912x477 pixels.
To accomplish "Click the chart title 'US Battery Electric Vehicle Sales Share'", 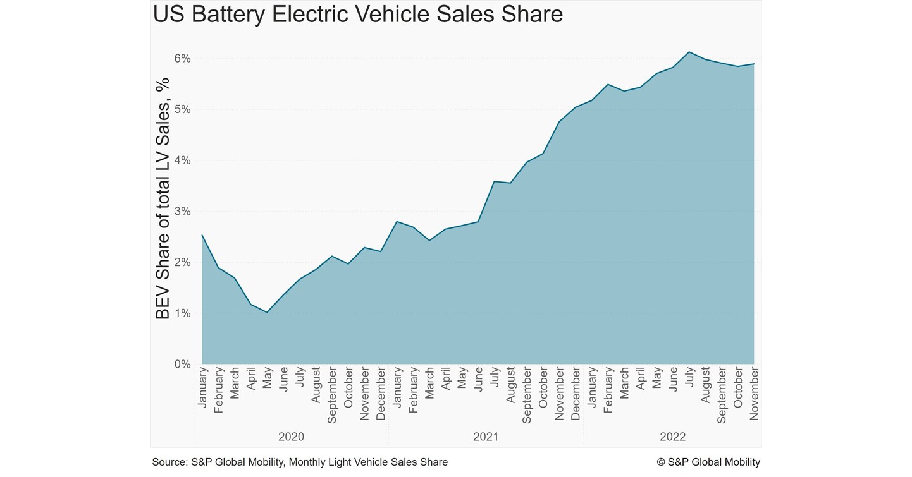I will click(357, 14).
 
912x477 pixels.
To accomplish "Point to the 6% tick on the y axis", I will click(182, 59).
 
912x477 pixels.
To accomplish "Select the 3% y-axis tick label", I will click(182, 212).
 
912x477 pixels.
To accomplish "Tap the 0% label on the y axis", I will click(182, 365).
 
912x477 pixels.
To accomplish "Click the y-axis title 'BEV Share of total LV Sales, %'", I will click(163, 198).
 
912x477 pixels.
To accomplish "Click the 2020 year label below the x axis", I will click(291, 437).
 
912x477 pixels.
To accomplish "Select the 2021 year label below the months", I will click(486, 437).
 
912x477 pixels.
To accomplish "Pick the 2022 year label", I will click(672, 437).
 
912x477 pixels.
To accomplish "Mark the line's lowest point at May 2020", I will click(267, 312).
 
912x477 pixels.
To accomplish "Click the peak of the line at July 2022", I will click(689, 52).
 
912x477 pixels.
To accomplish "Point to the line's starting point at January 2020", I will click(202, 235).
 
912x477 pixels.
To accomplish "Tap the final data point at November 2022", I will click(754, 64).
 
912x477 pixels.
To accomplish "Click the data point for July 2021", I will click(494, 181).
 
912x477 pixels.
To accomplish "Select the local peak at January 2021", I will click(397, 221).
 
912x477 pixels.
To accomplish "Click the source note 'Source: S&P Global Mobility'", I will click(299, 462).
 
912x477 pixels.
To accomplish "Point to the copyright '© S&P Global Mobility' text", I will click(708, 462).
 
